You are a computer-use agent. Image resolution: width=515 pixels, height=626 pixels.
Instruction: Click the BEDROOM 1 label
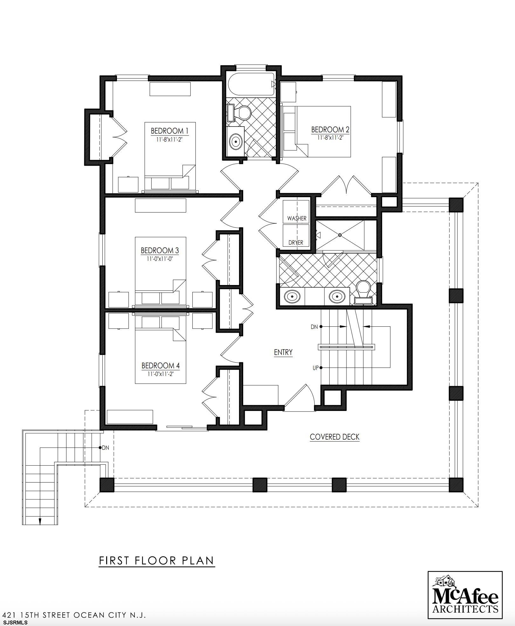169,131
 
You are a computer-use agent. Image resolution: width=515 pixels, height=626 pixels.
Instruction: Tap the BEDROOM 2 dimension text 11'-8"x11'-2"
330,137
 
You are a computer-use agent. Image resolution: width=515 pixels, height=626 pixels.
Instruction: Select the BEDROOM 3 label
160,250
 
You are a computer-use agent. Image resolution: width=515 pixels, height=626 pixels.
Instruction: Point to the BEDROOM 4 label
161,365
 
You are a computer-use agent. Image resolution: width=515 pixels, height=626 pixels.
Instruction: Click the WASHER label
297,218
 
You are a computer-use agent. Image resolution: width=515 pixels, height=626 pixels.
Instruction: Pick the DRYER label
296,242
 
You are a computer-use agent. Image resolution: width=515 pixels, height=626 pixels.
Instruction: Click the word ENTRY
283,352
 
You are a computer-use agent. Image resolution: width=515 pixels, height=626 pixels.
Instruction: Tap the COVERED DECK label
334,437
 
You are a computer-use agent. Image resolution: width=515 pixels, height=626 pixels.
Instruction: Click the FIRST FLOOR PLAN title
157,560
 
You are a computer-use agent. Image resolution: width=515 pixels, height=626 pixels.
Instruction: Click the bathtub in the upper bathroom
251,85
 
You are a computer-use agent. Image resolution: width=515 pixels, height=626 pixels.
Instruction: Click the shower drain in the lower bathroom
340,235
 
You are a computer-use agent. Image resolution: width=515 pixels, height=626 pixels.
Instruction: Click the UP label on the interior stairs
315,368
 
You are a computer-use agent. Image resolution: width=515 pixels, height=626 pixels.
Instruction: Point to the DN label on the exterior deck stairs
105,448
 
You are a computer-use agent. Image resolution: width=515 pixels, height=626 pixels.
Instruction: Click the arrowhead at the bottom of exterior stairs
40,521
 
